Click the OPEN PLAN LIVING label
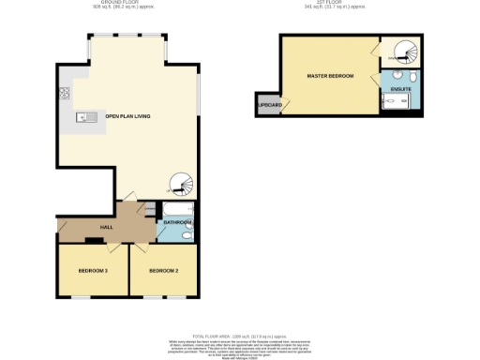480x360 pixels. [127, 117]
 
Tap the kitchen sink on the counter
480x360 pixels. [82, 117]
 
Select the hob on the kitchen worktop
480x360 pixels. [65, 93]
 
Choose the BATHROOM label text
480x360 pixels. [177, 222]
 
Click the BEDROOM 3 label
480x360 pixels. [93, 271]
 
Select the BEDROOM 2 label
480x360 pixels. [163, 271]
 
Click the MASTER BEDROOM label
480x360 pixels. [330, 75]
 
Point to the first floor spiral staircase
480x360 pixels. [405, 52]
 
